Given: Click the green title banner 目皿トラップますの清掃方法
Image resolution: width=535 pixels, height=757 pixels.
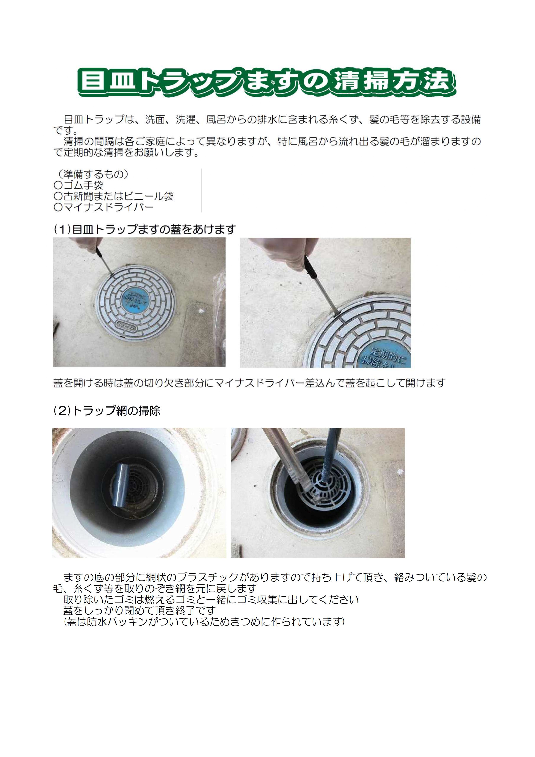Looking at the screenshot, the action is click(x=267, y=82).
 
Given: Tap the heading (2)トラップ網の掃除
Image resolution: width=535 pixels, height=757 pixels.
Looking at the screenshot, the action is click(x=107, y=411).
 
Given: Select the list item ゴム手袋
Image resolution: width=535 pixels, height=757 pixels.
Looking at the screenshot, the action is click(x=78, y=185).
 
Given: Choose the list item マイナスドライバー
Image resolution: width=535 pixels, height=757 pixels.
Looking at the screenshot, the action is click(x=104, y=207).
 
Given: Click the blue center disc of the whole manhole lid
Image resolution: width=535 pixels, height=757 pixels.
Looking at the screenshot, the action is click(x=136, y=299).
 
